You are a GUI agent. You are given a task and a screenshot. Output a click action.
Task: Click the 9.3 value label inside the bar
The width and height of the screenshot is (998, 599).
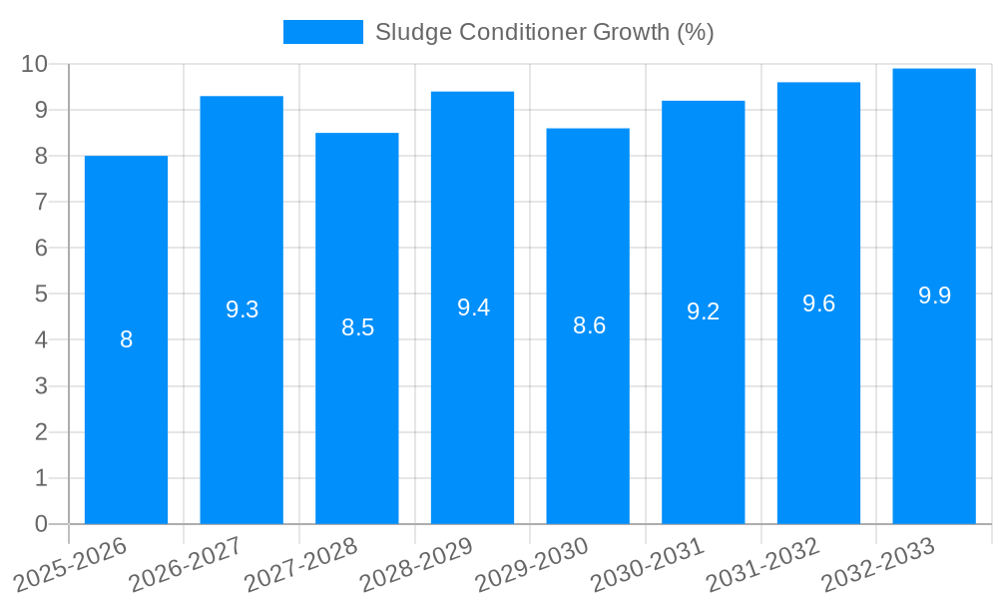242,309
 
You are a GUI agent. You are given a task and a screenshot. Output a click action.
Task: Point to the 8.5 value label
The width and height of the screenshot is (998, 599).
357,327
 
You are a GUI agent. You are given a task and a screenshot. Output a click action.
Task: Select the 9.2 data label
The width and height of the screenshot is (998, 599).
703,311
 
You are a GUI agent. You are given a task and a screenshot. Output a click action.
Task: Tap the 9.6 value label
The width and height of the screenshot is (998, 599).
818,303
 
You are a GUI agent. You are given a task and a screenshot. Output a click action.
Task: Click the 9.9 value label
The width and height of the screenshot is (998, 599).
934,296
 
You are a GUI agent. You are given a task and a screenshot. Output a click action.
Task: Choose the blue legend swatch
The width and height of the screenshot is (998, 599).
322,32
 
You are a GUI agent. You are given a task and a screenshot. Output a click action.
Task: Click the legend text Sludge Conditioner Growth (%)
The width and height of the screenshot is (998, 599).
544,32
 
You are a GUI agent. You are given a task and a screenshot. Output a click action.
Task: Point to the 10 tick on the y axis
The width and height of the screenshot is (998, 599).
35,64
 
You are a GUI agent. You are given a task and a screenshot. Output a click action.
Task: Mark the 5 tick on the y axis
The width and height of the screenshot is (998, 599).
41,295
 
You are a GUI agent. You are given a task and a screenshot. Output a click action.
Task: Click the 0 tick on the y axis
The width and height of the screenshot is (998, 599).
41,524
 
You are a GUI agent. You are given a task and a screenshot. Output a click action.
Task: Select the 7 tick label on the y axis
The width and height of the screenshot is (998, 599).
41,202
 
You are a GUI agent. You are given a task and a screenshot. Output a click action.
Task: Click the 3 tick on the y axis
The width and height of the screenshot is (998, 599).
41,386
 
